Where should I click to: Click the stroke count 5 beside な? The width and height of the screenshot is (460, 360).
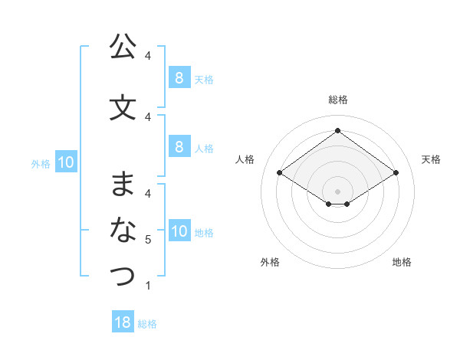(148, 240)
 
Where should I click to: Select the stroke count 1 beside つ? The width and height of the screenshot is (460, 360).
(148, 286)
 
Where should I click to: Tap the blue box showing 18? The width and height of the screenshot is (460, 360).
(123, 322)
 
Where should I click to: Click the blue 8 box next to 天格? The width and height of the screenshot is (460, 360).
(179, 78)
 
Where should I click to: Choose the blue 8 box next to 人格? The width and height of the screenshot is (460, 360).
(179, 147)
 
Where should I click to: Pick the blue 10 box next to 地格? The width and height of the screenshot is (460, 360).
(179, 231)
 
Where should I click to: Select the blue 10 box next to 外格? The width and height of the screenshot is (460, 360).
(66, 162)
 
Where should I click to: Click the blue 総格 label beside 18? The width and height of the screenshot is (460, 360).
(147, 324)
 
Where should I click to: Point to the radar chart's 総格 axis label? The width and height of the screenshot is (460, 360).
(337, 100)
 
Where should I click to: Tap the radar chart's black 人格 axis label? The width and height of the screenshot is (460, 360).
(245, 159)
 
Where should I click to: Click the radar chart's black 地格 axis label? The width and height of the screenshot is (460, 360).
(402, 262)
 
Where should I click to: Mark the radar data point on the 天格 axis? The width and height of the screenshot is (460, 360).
(396, 173)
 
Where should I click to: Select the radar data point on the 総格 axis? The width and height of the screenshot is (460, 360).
(337, 131)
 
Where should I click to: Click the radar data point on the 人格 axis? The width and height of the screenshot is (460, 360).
(279, 173)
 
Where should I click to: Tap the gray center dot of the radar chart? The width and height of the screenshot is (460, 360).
(337, 191)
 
